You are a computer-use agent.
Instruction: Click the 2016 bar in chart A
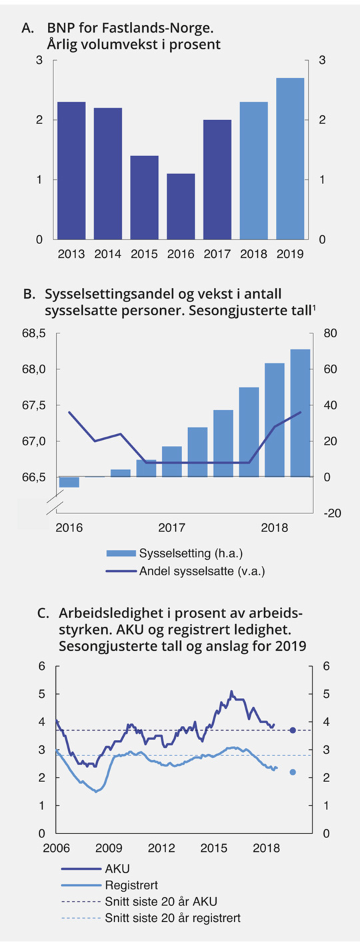click(x=181, y=206)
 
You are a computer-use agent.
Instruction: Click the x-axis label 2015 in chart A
click(x=144, y=254)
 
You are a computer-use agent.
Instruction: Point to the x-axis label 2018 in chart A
click(x=253, y=254)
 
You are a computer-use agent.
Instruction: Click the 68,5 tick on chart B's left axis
click(x=33, y=333)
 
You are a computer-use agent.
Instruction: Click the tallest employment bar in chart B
click(x=300, y=413)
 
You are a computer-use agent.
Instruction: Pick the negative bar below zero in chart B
click(x=69, y=482)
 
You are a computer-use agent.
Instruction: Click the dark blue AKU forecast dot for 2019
click(x=293, y=731)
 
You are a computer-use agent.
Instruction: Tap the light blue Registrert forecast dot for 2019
click(x=293, y=772)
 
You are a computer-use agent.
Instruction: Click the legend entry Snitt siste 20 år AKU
click(x=161, y=901)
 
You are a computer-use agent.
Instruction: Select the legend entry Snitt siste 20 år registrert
click(x=172, y=918)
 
